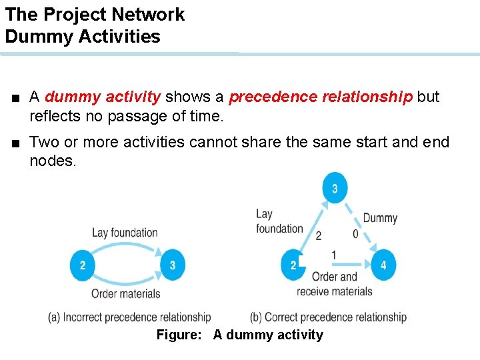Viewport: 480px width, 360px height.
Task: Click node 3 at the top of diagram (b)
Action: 334,189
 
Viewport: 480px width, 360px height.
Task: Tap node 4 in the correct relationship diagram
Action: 383,265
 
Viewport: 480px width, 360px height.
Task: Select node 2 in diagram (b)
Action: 293,265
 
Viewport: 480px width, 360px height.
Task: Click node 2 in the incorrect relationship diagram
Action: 82,265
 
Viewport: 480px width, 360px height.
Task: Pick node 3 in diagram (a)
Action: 172,265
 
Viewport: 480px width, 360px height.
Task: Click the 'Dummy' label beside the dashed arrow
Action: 380,218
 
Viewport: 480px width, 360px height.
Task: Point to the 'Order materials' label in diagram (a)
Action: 126,293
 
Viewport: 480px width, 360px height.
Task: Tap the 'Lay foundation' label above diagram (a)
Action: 125,233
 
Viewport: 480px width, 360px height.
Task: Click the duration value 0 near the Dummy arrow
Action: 355,234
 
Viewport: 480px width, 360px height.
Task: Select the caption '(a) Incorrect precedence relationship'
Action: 129,317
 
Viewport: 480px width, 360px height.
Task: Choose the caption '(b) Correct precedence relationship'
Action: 328,317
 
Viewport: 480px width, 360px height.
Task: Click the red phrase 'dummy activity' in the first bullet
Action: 103,97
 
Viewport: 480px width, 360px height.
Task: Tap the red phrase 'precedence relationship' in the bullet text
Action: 321,97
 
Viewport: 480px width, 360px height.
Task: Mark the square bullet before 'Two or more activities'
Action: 15,143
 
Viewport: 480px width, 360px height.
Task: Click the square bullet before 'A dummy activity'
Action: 15,98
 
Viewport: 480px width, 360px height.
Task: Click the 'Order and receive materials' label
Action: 335,284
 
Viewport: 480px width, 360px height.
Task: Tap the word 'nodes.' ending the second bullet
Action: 53,161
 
